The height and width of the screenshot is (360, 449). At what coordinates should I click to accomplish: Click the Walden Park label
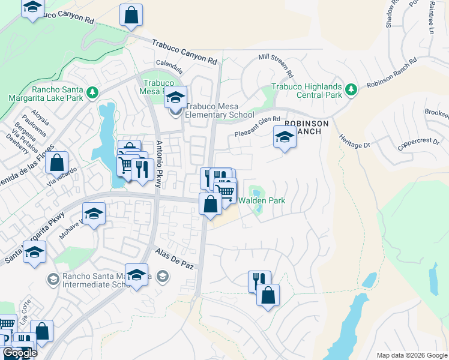click(262, 200)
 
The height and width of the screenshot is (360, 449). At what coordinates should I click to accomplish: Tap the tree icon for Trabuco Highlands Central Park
click(351, 91)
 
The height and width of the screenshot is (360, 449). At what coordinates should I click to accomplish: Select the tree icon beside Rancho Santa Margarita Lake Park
click(92, 92)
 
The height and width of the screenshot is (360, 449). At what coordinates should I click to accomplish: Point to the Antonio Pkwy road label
click(159, 164)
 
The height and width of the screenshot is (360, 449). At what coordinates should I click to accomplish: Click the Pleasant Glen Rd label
click(258, 127)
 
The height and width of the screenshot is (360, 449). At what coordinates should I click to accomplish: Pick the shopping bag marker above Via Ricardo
click(56, 163)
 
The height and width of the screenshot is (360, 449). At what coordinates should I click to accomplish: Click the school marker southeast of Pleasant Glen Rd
click(285, 137)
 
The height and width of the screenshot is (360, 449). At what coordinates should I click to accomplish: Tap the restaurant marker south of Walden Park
click(259, 280)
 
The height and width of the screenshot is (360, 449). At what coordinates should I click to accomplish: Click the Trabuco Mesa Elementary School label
click(219, 110)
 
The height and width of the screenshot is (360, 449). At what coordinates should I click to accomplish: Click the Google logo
click(20, 353)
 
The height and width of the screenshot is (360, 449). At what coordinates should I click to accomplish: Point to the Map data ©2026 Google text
click(411, 355)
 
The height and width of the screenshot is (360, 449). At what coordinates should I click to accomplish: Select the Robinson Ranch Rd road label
click(392, 74)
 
